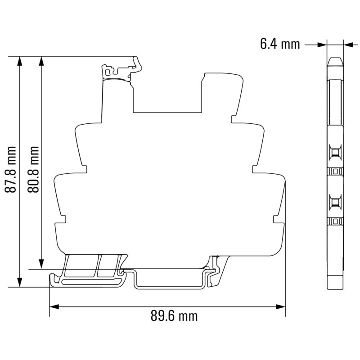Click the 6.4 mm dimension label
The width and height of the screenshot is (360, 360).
280,44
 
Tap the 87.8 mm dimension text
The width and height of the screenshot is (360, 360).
10,170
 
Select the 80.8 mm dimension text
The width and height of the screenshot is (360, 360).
33,170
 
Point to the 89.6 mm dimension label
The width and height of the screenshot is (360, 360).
174,316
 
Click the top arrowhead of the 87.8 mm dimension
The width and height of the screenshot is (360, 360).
20,61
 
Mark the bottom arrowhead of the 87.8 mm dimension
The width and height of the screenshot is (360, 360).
20,282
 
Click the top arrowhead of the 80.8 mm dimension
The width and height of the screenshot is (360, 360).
41,61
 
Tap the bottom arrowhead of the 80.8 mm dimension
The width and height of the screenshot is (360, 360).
41,264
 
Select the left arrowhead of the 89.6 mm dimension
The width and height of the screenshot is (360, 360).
54,307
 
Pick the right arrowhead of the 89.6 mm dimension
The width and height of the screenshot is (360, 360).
280,307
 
